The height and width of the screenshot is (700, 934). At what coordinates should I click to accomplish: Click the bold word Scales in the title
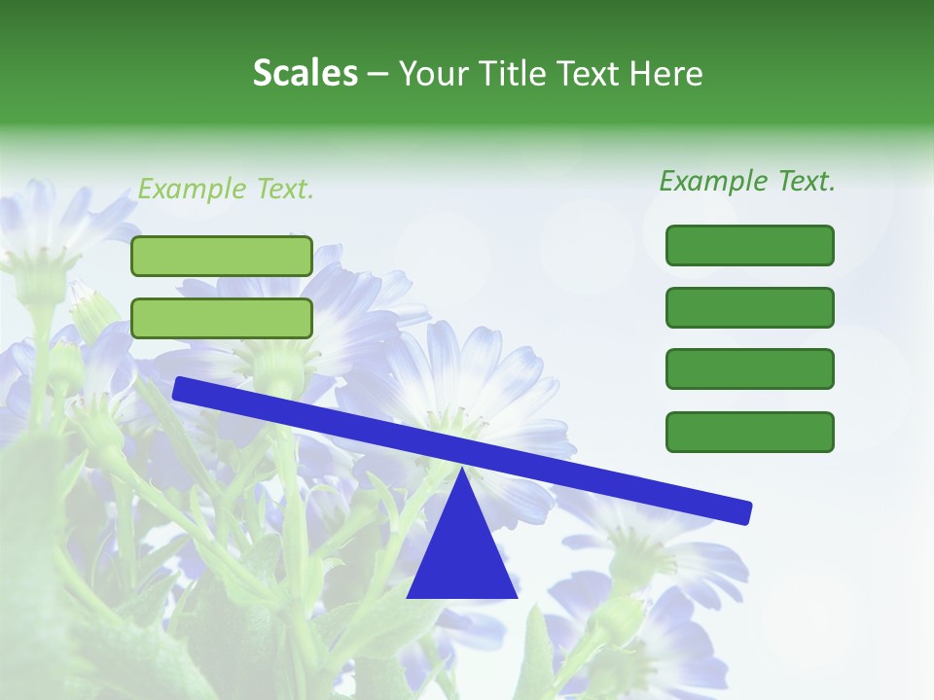(x=305, y=73)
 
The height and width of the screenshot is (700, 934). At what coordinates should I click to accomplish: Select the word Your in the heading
(x=434, y=73)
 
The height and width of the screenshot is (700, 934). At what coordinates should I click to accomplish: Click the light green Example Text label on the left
(x=226, y=189)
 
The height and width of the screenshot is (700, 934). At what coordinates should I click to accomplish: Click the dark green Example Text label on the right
(x=747, y=180)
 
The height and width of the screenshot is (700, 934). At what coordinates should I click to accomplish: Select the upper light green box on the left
(x=222, y=256)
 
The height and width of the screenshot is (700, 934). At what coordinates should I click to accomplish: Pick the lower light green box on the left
(x=222, y=318)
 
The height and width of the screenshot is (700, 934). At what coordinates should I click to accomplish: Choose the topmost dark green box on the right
(x=749, y=245)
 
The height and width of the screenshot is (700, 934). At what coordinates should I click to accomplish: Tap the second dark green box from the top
(x=749, y=307)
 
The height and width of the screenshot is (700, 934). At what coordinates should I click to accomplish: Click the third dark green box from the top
(x=749, y=369)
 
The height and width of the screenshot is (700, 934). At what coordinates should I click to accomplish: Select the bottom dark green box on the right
(x=749, y=432)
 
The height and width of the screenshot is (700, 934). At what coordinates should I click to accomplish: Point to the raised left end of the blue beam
(x=181, y=389)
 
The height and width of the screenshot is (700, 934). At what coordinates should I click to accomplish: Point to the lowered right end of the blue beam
(x=744, y=511)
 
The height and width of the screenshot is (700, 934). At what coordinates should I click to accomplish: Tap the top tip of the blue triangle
(x=462, y=468)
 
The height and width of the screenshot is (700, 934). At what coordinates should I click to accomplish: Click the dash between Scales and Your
(x=378, y=74)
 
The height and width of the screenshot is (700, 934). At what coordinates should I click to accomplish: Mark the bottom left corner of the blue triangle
(x=409, y=596)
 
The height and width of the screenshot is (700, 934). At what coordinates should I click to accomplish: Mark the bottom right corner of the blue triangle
(x=516, y=596)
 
